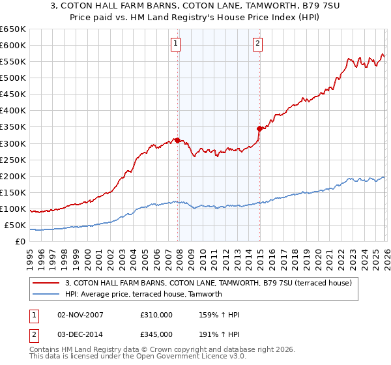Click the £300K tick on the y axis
pos(13,143)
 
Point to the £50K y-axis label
pos(16,226)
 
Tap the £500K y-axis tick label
pos(13,78)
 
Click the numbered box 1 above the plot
pos(176,44)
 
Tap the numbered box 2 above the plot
pos(258,44)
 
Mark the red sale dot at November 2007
pos(177,139)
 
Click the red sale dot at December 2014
pos(259,128)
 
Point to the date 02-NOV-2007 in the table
pos(80,315)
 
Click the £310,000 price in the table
pos(156,315)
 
